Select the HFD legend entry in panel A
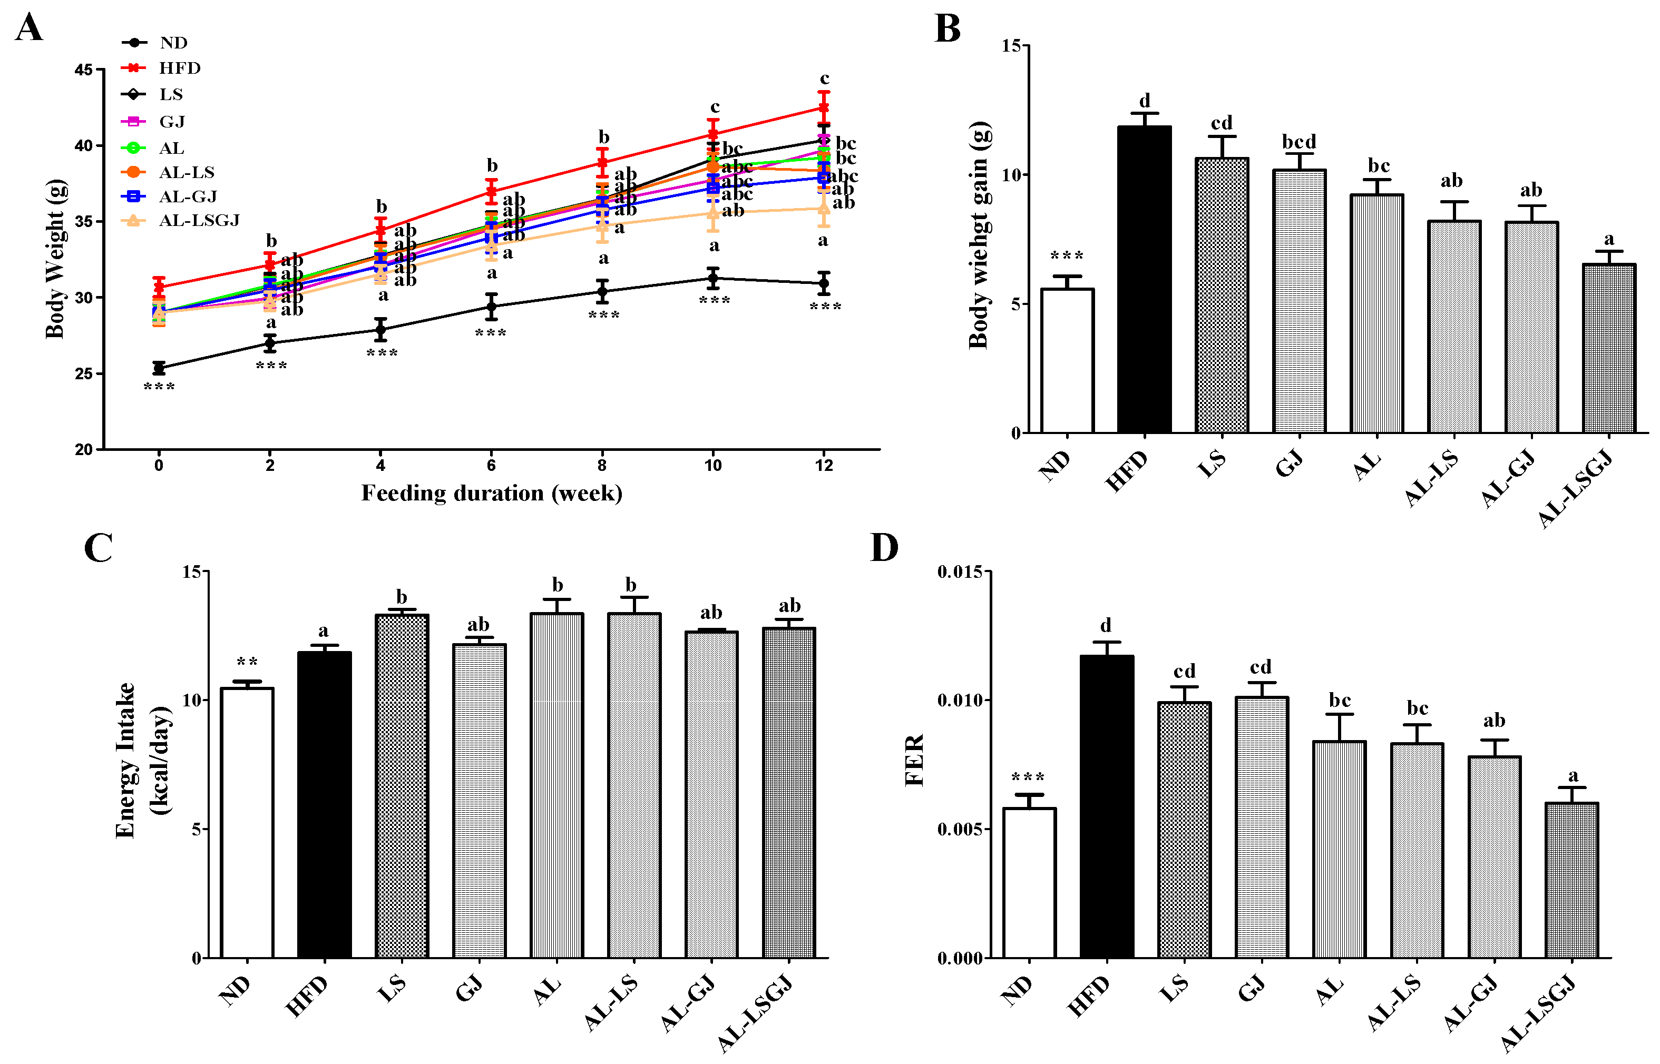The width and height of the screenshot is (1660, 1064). tap(179, 68)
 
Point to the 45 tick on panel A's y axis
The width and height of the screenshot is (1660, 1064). tap(84, 70)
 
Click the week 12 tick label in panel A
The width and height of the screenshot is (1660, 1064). tap(823, 466)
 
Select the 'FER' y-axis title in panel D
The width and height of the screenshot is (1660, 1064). tap(914, 760)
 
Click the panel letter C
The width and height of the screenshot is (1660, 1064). tap(98, 548)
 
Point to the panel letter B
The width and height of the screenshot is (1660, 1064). tap(948, 29)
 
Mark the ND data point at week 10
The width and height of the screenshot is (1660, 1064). tap(712, 279)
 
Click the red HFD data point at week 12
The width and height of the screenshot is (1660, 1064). tap(823, 108)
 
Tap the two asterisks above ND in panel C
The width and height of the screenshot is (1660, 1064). tap(247, 662)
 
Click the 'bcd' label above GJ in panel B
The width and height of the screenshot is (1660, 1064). tap(1298, 142)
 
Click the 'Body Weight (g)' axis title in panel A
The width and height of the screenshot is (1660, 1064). tap(55, 259)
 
